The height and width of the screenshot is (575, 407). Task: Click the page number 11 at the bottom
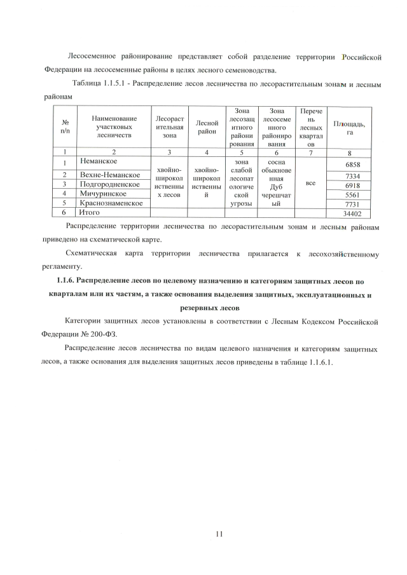pyautogui.click(x=219, y=533)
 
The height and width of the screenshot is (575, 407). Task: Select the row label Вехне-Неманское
pyautogui.click(x=109, y=175)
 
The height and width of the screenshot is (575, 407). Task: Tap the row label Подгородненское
pyautogui.click(x=109, y=184)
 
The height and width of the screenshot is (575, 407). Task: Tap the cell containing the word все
pyautogui.click(x=311, y=183)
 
